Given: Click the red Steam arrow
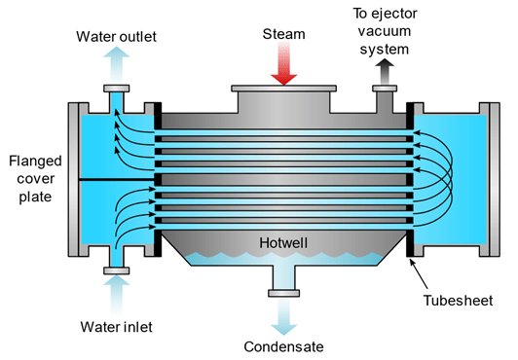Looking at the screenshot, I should (x=282, y=66).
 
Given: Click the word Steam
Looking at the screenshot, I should (x=282, y=35).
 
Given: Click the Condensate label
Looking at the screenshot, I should (x=283, y=345).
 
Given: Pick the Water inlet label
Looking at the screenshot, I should (x=113, y=325).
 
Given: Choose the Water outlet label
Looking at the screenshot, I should (x=115, y=37).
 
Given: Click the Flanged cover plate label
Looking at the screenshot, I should (x=30, y=179).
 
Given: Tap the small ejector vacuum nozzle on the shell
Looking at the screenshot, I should (x=387, y=97).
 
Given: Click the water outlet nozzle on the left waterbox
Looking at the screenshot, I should (x=114, y=97).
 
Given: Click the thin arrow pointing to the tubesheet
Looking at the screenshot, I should (x=420, y=266).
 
